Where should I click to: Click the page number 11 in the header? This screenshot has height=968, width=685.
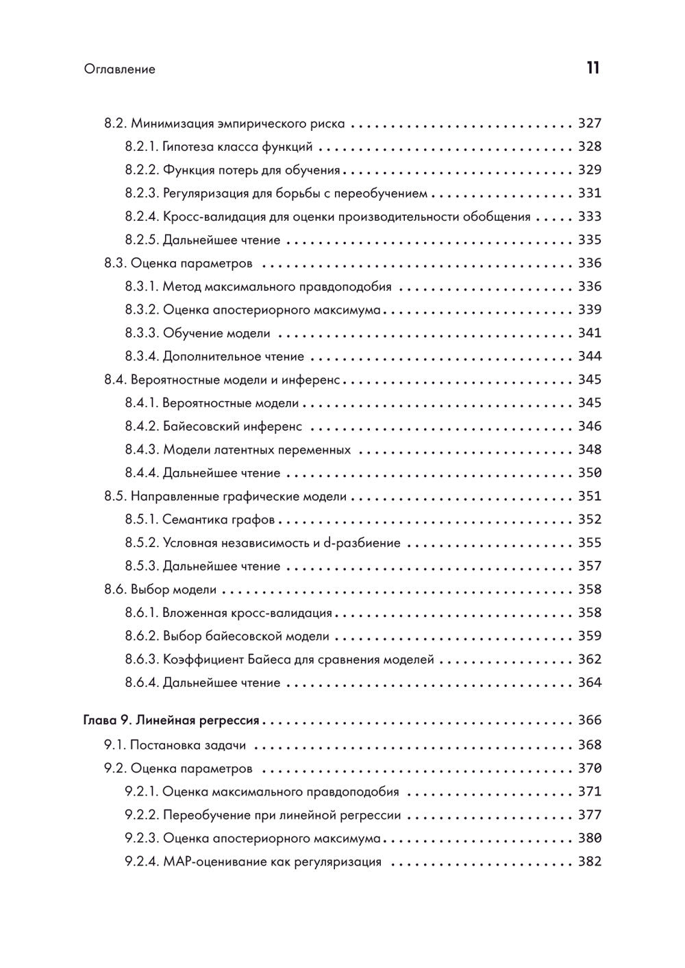pyautogui.click(x=593, y=68)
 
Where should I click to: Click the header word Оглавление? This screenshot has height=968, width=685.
pyautogui.click(x=120, y=69)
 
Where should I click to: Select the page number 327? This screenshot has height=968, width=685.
pyautogui.click(x=589, y=124)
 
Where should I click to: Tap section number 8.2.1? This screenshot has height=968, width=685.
pyautogui.click(x=142, y=147)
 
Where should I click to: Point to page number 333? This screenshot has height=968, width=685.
pyautogui.click(x=589, y=217)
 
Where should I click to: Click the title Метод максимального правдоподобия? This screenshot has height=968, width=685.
pyautogui.click(x=277, y=287)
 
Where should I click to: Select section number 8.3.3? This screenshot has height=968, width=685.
pyautogui.click(x=142, y=334)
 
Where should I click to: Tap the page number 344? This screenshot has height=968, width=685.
pyautogui.click(x=589, y=357)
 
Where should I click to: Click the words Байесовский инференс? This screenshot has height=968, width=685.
pyautogui.click(x=232, y=427)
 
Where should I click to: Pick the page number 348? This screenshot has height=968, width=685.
pyautogui.click(x=589, y=450)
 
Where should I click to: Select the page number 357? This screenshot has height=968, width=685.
pyautogui.click(x=589, y=567)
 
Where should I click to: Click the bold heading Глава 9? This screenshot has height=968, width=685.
pyautogui.click(x=106, y=721)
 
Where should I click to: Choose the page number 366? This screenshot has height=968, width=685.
pyautogui.click(x=589, y=721)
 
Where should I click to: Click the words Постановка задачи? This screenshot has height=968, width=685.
pyautogui.click(x=188, y=746)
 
